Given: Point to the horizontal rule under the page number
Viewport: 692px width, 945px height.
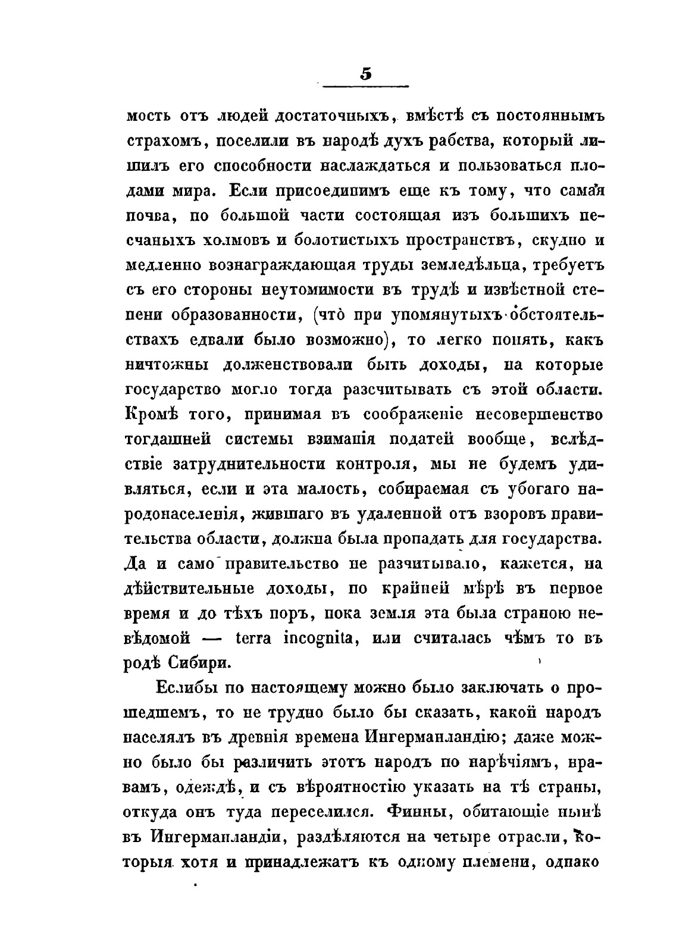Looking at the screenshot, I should [x=365, y=87].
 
